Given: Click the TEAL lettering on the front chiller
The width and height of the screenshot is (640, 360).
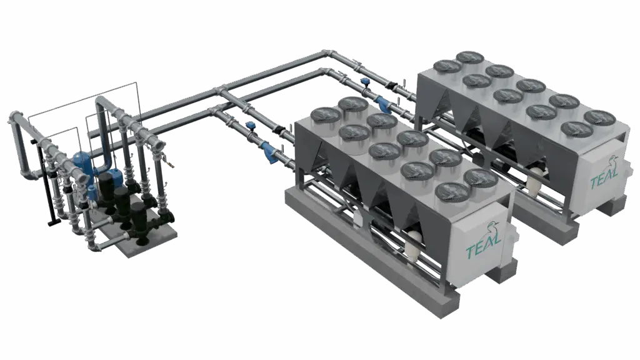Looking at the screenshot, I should (x=483, y=251).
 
